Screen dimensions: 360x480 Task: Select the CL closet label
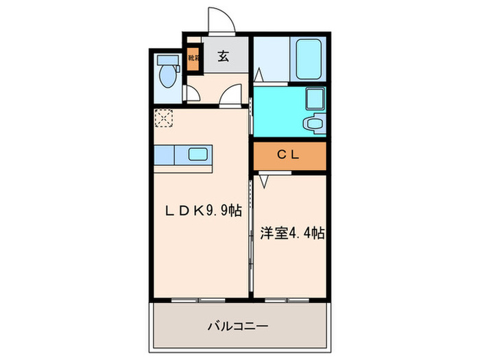pyautogui.click(x=288, y=155)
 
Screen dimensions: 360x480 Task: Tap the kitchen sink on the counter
pyautogui.click(x=198, y=154)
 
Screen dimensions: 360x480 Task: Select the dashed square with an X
pyautogui.click(x=163, y=119)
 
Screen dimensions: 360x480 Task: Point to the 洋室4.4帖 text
pyautogui.click(x=292, y=233)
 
